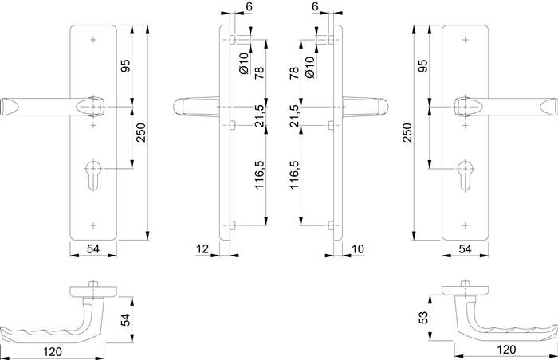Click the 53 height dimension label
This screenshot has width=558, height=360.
click(x=424, y=316)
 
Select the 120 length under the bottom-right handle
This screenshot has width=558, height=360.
click(x=505, y=350)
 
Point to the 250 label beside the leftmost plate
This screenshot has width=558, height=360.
click(x=141, y=131)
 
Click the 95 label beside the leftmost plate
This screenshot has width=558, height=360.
click(x=124, y=66)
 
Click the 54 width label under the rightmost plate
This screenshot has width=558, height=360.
click(x=464, y=250)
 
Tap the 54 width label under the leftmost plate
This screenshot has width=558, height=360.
click(x=93, y=250)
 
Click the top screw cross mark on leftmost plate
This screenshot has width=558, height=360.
click(x=95, y=39)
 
